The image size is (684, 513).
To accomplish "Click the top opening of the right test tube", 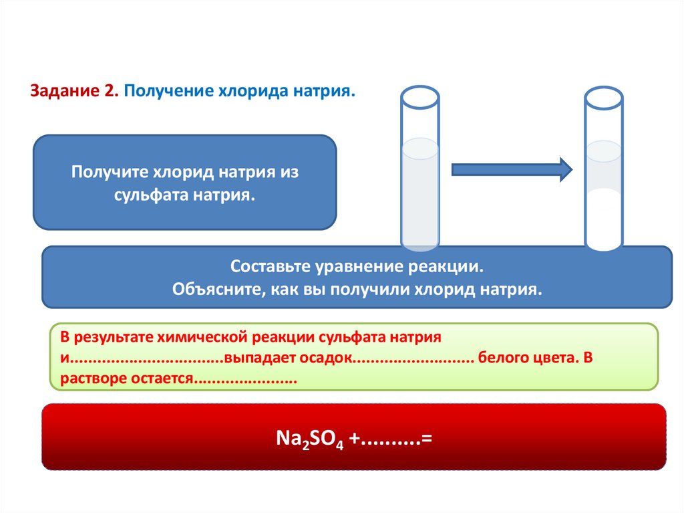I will click(x=604, y=98).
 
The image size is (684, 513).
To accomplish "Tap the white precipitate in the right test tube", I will click(x=604, y=217).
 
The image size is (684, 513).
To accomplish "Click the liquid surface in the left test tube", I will click(x=419, y=148).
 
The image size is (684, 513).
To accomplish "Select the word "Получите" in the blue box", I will click(x=110, y=172).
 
